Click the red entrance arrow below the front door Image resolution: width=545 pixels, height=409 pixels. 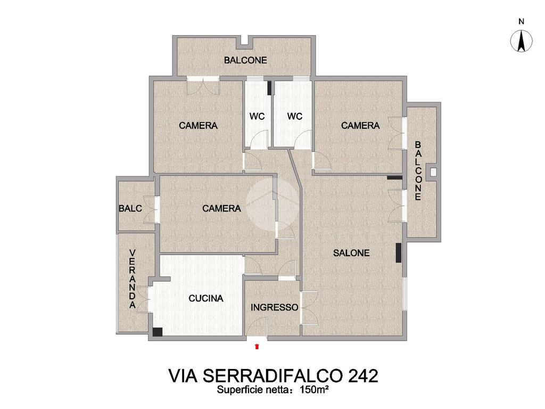tap(257, 346)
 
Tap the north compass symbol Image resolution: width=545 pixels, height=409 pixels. tap(521, 41)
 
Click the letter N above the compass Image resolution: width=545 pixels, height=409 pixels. tap(521, 21)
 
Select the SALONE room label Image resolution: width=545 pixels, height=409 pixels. tap(351, 253)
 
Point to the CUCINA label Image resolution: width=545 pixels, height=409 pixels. tap(206, 298)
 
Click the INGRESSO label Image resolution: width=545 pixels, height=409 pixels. tap(274, 307)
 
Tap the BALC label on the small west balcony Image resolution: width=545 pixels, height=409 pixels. tap(130, 209)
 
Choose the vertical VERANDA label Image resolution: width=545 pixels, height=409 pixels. tap(133, 279)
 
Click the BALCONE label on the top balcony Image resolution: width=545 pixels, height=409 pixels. tap(245, 60)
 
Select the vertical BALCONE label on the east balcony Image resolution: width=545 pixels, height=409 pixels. tap(418, 171)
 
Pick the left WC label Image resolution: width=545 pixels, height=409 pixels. tap(257, 116)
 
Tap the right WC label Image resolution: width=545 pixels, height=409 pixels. tap(295, 116)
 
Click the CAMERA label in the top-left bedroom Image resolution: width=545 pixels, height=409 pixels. tap(198, 126)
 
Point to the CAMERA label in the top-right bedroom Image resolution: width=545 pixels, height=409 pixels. tap(360, 126)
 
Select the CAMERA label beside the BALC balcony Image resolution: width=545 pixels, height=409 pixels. tap(221, 209)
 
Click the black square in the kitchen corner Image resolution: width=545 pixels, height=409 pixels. tap(158, 332)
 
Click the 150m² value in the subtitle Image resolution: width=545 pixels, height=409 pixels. tap(314, 390)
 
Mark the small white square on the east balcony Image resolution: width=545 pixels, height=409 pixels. tap(433, 172)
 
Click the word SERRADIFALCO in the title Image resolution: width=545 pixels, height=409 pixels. tap(266, 376)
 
